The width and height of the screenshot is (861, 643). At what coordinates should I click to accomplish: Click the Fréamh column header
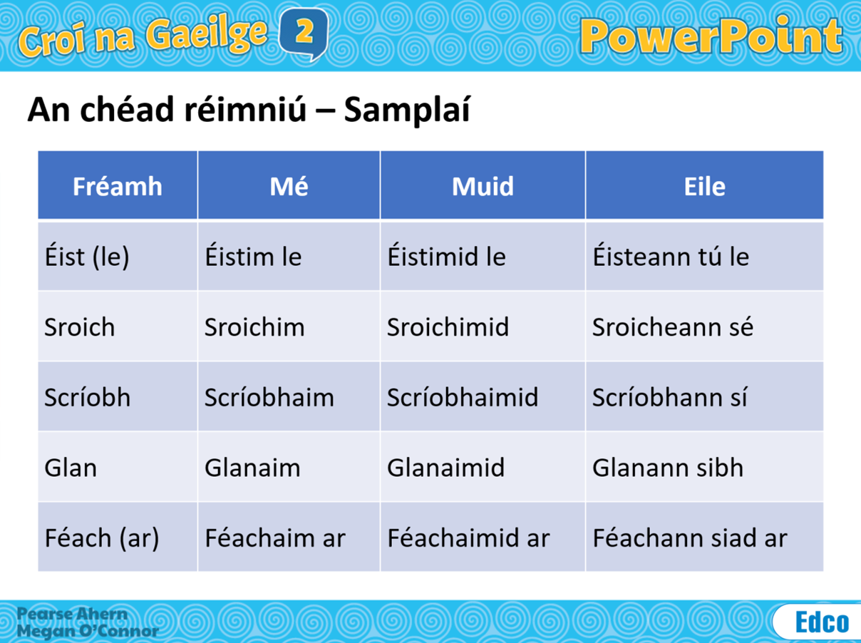118,186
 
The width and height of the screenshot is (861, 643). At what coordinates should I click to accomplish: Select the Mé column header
289,186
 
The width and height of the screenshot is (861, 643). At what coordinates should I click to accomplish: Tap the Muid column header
483,186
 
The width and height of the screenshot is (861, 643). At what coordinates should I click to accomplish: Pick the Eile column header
704,186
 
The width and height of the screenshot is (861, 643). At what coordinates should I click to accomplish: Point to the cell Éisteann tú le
670,257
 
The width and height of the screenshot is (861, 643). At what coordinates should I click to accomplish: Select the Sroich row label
79,327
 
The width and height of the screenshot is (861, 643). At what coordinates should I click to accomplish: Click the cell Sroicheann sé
672,327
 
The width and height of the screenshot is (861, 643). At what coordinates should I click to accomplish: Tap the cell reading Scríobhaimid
463,397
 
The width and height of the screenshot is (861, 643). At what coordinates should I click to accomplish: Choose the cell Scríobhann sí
669,397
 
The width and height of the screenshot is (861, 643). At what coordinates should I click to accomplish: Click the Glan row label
71,468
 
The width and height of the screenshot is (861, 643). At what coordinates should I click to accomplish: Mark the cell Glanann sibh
667,468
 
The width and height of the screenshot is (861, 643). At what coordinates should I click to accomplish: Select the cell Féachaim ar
274,537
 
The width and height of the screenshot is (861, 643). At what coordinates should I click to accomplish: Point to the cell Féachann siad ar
689,537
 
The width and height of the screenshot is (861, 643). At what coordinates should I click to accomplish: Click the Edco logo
822,622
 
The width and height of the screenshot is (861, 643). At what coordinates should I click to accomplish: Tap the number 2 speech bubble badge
304,33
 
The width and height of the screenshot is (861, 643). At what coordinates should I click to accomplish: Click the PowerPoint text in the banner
711,36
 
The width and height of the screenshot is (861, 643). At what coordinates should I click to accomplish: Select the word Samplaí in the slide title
406,110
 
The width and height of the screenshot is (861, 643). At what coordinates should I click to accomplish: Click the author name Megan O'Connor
88,631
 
